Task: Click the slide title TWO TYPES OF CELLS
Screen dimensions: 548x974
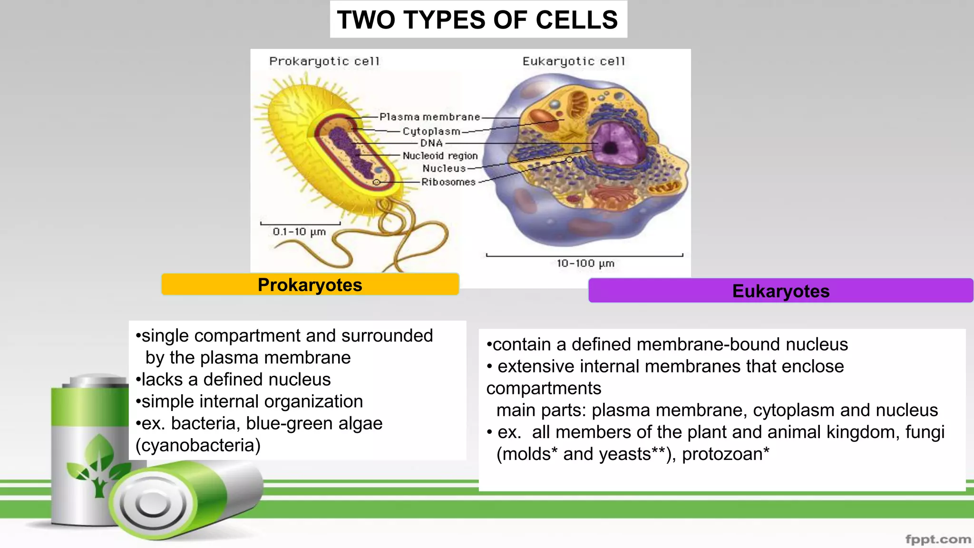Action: click(x=478, y=20)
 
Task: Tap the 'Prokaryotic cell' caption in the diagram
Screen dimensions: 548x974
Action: click(x=324, y=61)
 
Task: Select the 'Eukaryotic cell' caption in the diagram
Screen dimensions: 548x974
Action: click(x=574, y=61)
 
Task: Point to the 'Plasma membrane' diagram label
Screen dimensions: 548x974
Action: click(x=429, y=117)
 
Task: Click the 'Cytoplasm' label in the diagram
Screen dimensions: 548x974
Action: click(x=431, y=131)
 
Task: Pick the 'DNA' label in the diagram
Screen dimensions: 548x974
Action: click(x=431, y=143)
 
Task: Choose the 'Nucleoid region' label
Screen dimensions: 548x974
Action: click(x=440, y=156)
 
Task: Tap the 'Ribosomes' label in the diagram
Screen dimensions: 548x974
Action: click(x=448, y=182)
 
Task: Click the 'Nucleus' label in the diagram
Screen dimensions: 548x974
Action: click(x=444, y=168)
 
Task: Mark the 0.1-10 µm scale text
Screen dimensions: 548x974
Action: click(x=299, y=232)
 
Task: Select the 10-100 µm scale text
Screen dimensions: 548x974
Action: click(x=585, y=263)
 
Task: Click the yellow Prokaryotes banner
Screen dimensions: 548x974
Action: click(x=310, y=284)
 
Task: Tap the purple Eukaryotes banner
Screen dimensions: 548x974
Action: click(x=780, y=291)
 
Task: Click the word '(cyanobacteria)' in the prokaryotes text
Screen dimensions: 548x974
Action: click(x=198, y=445)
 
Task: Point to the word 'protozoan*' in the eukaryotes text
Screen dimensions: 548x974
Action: click(x=725, y=454)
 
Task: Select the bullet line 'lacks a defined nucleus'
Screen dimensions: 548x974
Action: click(x=233, y=380)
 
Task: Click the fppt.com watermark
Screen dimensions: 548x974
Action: click(x=937, y=539)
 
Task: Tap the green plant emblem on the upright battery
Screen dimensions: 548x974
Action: click(x=97, y=464)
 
